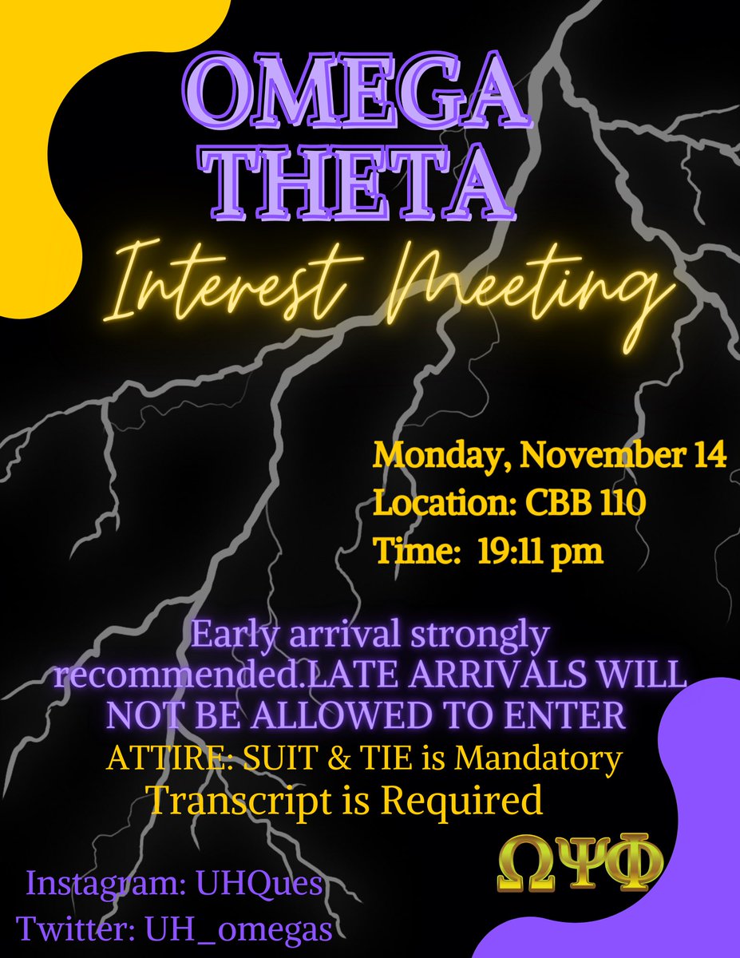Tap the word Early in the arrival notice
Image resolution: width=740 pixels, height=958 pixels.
coord(231,636)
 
